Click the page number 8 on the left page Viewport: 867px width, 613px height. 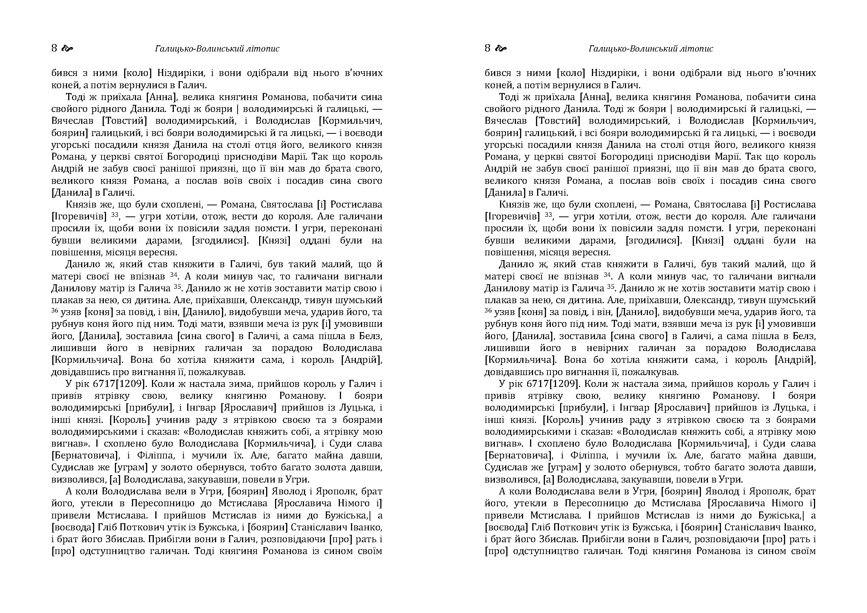pyautogui.click(x=54, y=48)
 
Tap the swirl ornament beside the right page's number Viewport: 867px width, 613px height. pyautogui.click(x=501, y=48)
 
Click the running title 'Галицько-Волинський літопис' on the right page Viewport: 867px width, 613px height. pyautogui.click(x=651, y=49)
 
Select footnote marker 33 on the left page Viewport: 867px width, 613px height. pyautogui.click(x=115, y=215)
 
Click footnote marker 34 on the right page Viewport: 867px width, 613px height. pyautogui.click(x=607, y=275)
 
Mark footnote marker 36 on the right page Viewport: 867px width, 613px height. pyautogui.click(x=489, y=311)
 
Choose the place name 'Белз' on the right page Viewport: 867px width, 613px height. pyautogui.click(x=805, y=336)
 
